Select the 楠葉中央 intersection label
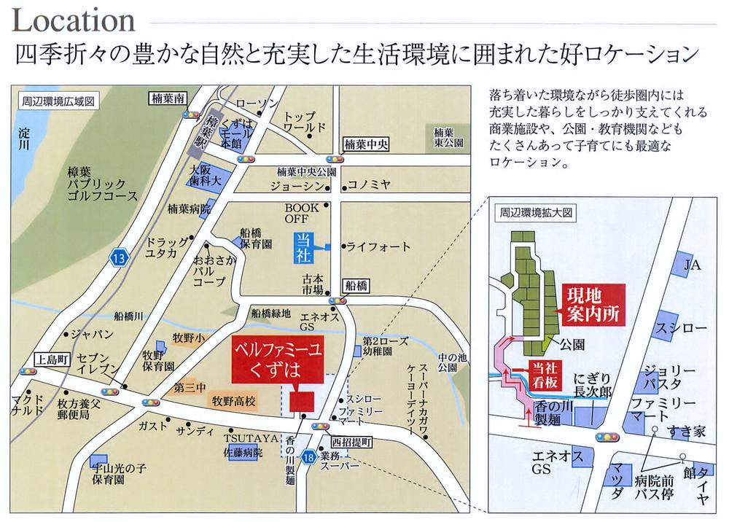tap(365, 144)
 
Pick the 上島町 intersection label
tap(50, 359)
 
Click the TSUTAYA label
tap(241, 437)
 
